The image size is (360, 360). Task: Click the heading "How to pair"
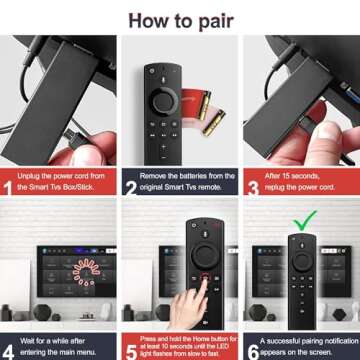click(x=180, y=16)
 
